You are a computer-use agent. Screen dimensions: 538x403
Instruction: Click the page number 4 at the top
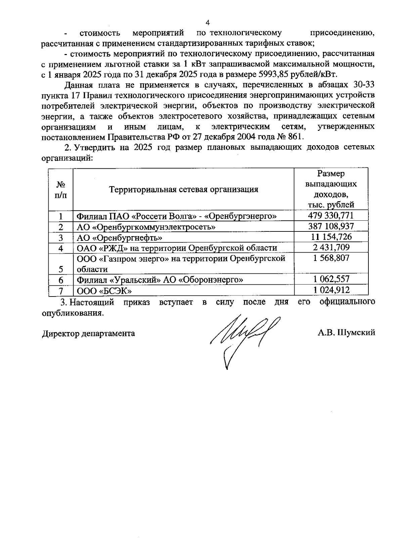tap(207, 23)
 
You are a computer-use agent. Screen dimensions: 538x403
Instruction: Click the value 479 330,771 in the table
tap(331, 215)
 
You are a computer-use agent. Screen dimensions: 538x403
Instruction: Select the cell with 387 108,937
tap(331, 226)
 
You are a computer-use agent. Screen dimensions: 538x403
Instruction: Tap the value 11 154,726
tap(331, 237)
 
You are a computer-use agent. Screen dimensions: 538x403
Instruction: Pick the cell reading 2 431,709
tap(331, 248)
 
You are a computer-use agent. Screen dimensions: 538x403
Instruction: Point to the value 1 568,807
tap(331, 258)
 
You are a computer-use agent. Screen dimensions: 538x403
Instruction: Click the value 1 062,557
tap(331, 279)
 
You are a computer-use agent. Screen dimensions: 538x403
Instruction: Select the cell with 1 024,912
tap(331, 290)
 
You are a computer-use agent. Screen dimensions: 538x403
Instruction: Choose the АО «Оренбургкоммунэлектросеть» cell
tap(146, 227)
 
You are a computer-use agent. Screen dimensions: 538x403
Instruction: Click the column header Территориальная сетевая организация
tap(183, 190)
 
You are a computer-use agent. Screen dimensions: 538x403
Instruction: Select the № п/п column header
tap(60, 190)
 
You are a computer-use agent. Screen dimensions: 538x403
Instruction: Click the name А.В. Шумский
tap(346, 333)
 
